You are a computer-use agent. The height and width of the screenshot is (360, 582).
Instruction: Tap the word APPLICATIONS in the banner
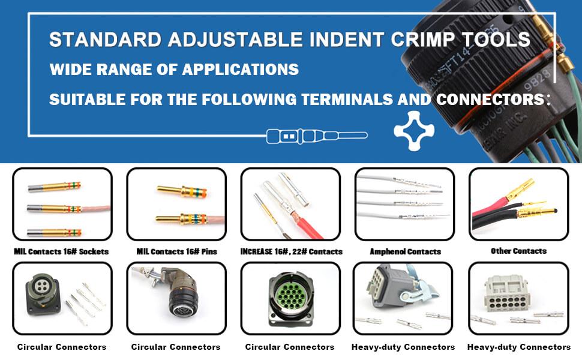click(x=241, y=70)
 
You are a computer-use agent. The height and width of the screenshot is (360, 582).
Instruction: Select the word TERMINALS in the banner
click(x=347, y=100)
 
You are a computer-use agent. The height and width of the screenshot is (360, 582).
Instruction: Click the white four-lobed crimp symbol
click(x=414, y=131)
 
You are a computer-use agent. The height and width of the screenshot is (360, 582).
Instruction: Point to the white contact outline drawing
click(x=317, y=136)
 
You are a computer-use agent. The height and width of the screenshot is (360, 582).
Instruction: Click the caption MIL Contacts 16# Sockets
click(x=61, y=251)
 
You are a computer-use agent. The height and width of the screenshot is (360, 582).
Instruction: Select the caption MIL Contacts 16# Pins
click(x=176, y=251)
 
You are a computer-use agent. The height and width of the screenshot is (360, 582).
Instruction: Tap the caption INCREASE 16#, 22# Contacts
click(x=292, y=251)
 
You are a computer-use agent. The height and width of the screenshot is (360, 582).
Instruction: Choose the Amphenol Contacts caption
click(x=406, y=251)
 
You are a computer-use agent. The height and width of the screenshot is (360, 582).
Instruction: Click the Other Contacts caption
click(x=518, y=251)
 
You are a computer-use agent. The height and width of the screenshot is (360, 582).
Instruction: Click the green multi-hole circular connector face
click(x=292, y=296)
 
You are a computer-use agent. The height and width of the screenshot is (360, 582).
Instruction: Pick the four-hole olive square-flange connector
click(x=43, y=294)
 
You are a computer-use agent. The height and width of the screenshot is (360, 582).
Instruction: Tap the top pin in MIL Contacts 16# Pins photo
click(x=182, y=191)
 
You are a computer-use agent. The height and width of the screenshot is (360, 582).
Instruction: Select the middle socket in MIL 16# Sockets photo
click(x=55, y=209)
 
